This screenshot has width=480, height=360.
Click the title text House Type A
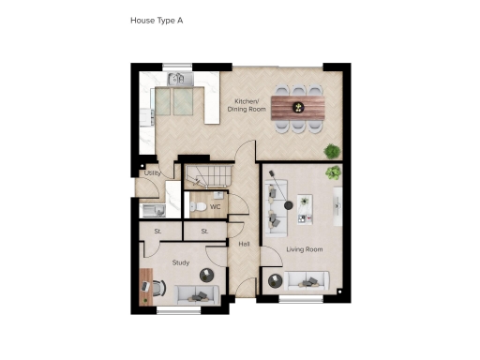click(x=155, y=20)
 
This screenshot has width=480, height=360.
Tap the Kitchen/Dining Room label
click(x=250, y=104)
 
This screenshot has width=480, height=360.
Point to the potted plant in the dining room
click(x=332, y=151)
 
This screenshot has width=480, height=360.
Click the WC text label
click(x=216, y=206)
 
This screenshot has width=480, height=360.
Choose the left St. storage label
click(x=158, y=231)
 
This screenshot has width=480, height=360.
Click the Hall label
click(x=244, y=244)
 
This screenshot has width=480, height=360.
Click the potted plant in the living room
click(x=332, y=173)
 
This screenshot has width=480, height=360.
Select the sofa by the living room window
click(x=307, y=279)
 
